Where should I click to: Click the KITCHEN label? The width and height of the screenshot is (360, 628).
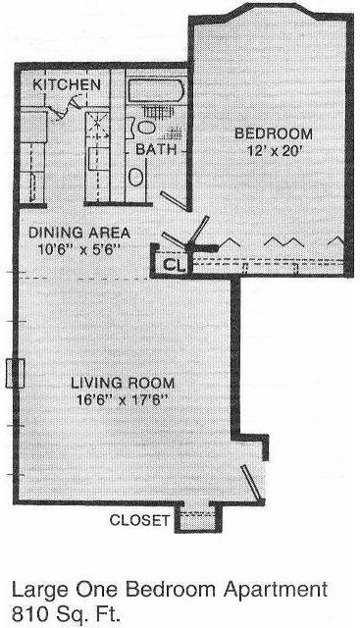pos(67,85)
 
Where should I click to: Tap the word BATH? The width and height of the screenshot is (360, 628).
pos(155,149)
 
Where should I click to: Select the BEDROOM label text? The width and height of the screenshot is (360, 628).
pos(273,133)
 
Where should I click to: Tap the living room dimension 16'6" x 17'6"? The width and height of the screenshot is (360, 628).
pos(123,400)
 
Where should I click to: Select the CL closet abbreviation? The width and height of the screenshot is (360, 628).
pos(172,263)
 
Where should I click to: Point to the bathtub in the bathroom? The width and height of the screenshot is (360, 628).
pos(155,94)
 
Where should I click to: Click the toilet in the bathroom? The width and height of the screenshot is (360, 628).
pos(146,126)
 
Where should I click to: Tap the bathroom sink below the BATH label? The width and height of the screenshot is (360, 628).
pos(136,175)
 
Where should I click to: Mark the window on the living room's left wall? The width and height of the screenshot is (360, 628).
pos(14,374)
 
